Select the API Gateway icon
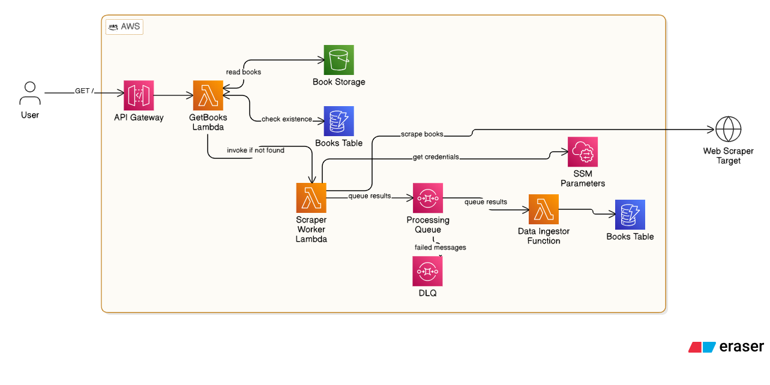[139, 95]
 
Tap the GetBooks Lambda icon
[208, 95]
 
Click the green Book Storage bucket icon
[338, 60]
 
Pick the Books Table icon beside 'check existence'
[338, 121]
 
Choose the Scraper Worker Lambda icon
[311, 198]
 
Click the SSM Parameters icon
[583, 152]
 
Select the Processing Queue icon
[427, 198]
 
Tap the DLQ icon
[427, 271]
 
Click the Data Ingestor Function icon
[543, 209]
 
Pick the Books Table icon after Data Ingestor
[630, 215]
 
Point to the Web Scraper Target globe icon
[728, 130]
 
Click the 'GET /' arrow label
[84, 91]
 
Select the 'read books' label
[243, 72]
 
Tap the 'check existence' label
[287, 119]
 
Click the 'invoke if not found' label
[256, 150]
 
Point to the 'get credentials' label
[436, 157]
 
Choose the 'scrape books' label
[423, 134]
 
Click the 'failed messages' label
[440, 247]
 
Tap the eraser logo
[726, 347]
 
